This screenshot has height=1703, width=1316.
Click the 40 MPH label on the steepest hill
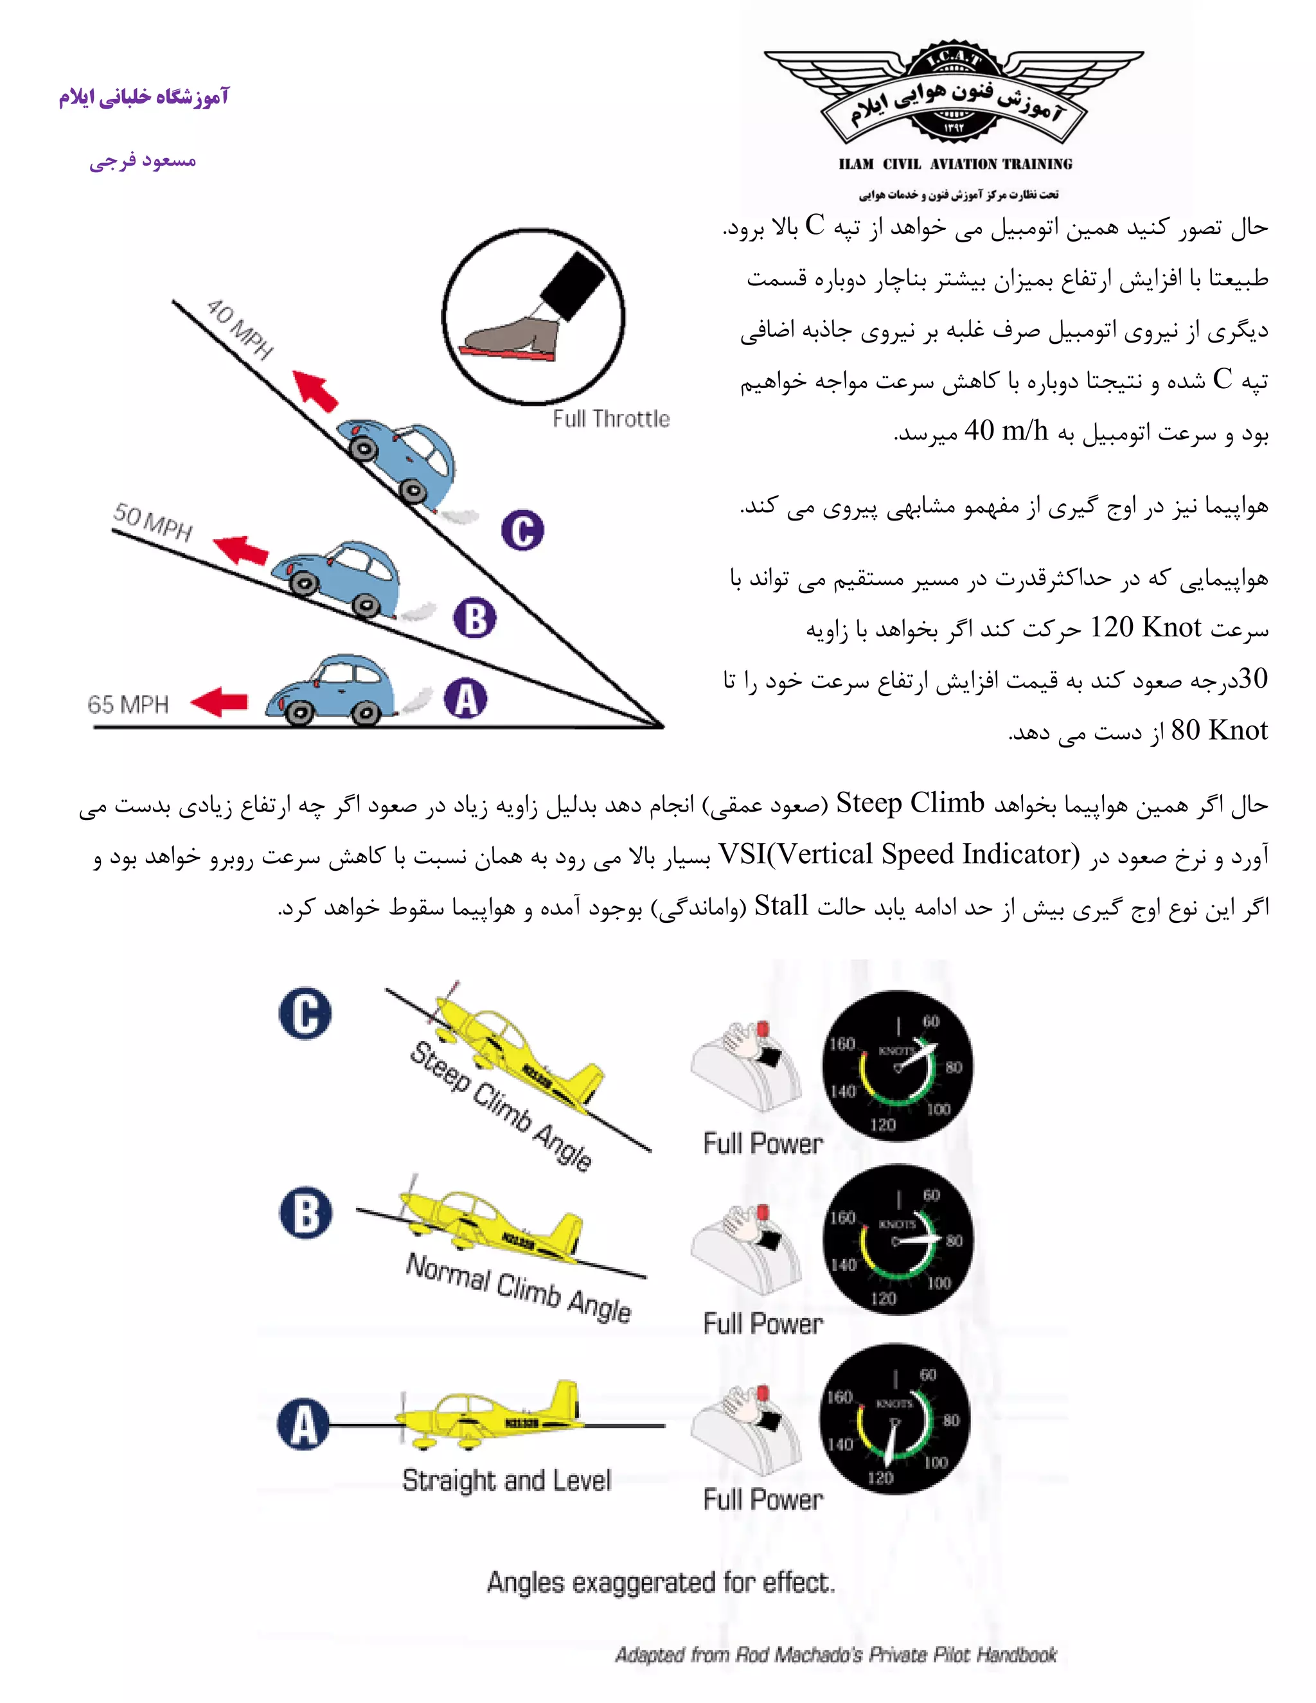tap(239, 329)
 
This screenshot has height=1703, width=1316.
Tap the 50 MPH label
tap(153, 522)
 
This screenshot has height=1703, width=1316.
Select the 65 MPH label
tap(128, 704)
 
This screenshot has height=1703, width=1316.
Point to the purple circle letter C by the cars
tap(522, 530)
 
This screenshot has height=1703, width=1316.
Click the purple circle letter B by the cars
tap(475, 618)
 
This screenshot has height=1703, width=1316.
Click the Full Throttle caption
tap(610, 419)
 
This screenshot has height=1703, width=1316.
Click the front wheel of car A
tap(301, 712)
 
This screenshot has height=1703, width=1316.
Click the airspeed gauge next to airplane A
tap(894, 1419)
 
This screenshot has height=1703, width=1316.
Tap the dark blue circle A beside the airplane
tap(303, 1424)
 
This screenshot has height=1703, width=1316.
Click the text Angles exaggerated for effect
tap(661, 1582)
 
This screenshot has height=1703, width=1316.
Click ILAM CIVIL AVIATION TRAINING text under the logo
tap(955, 164)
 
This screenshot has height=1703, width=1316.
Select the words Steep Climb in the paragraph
tap(910, 803)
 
